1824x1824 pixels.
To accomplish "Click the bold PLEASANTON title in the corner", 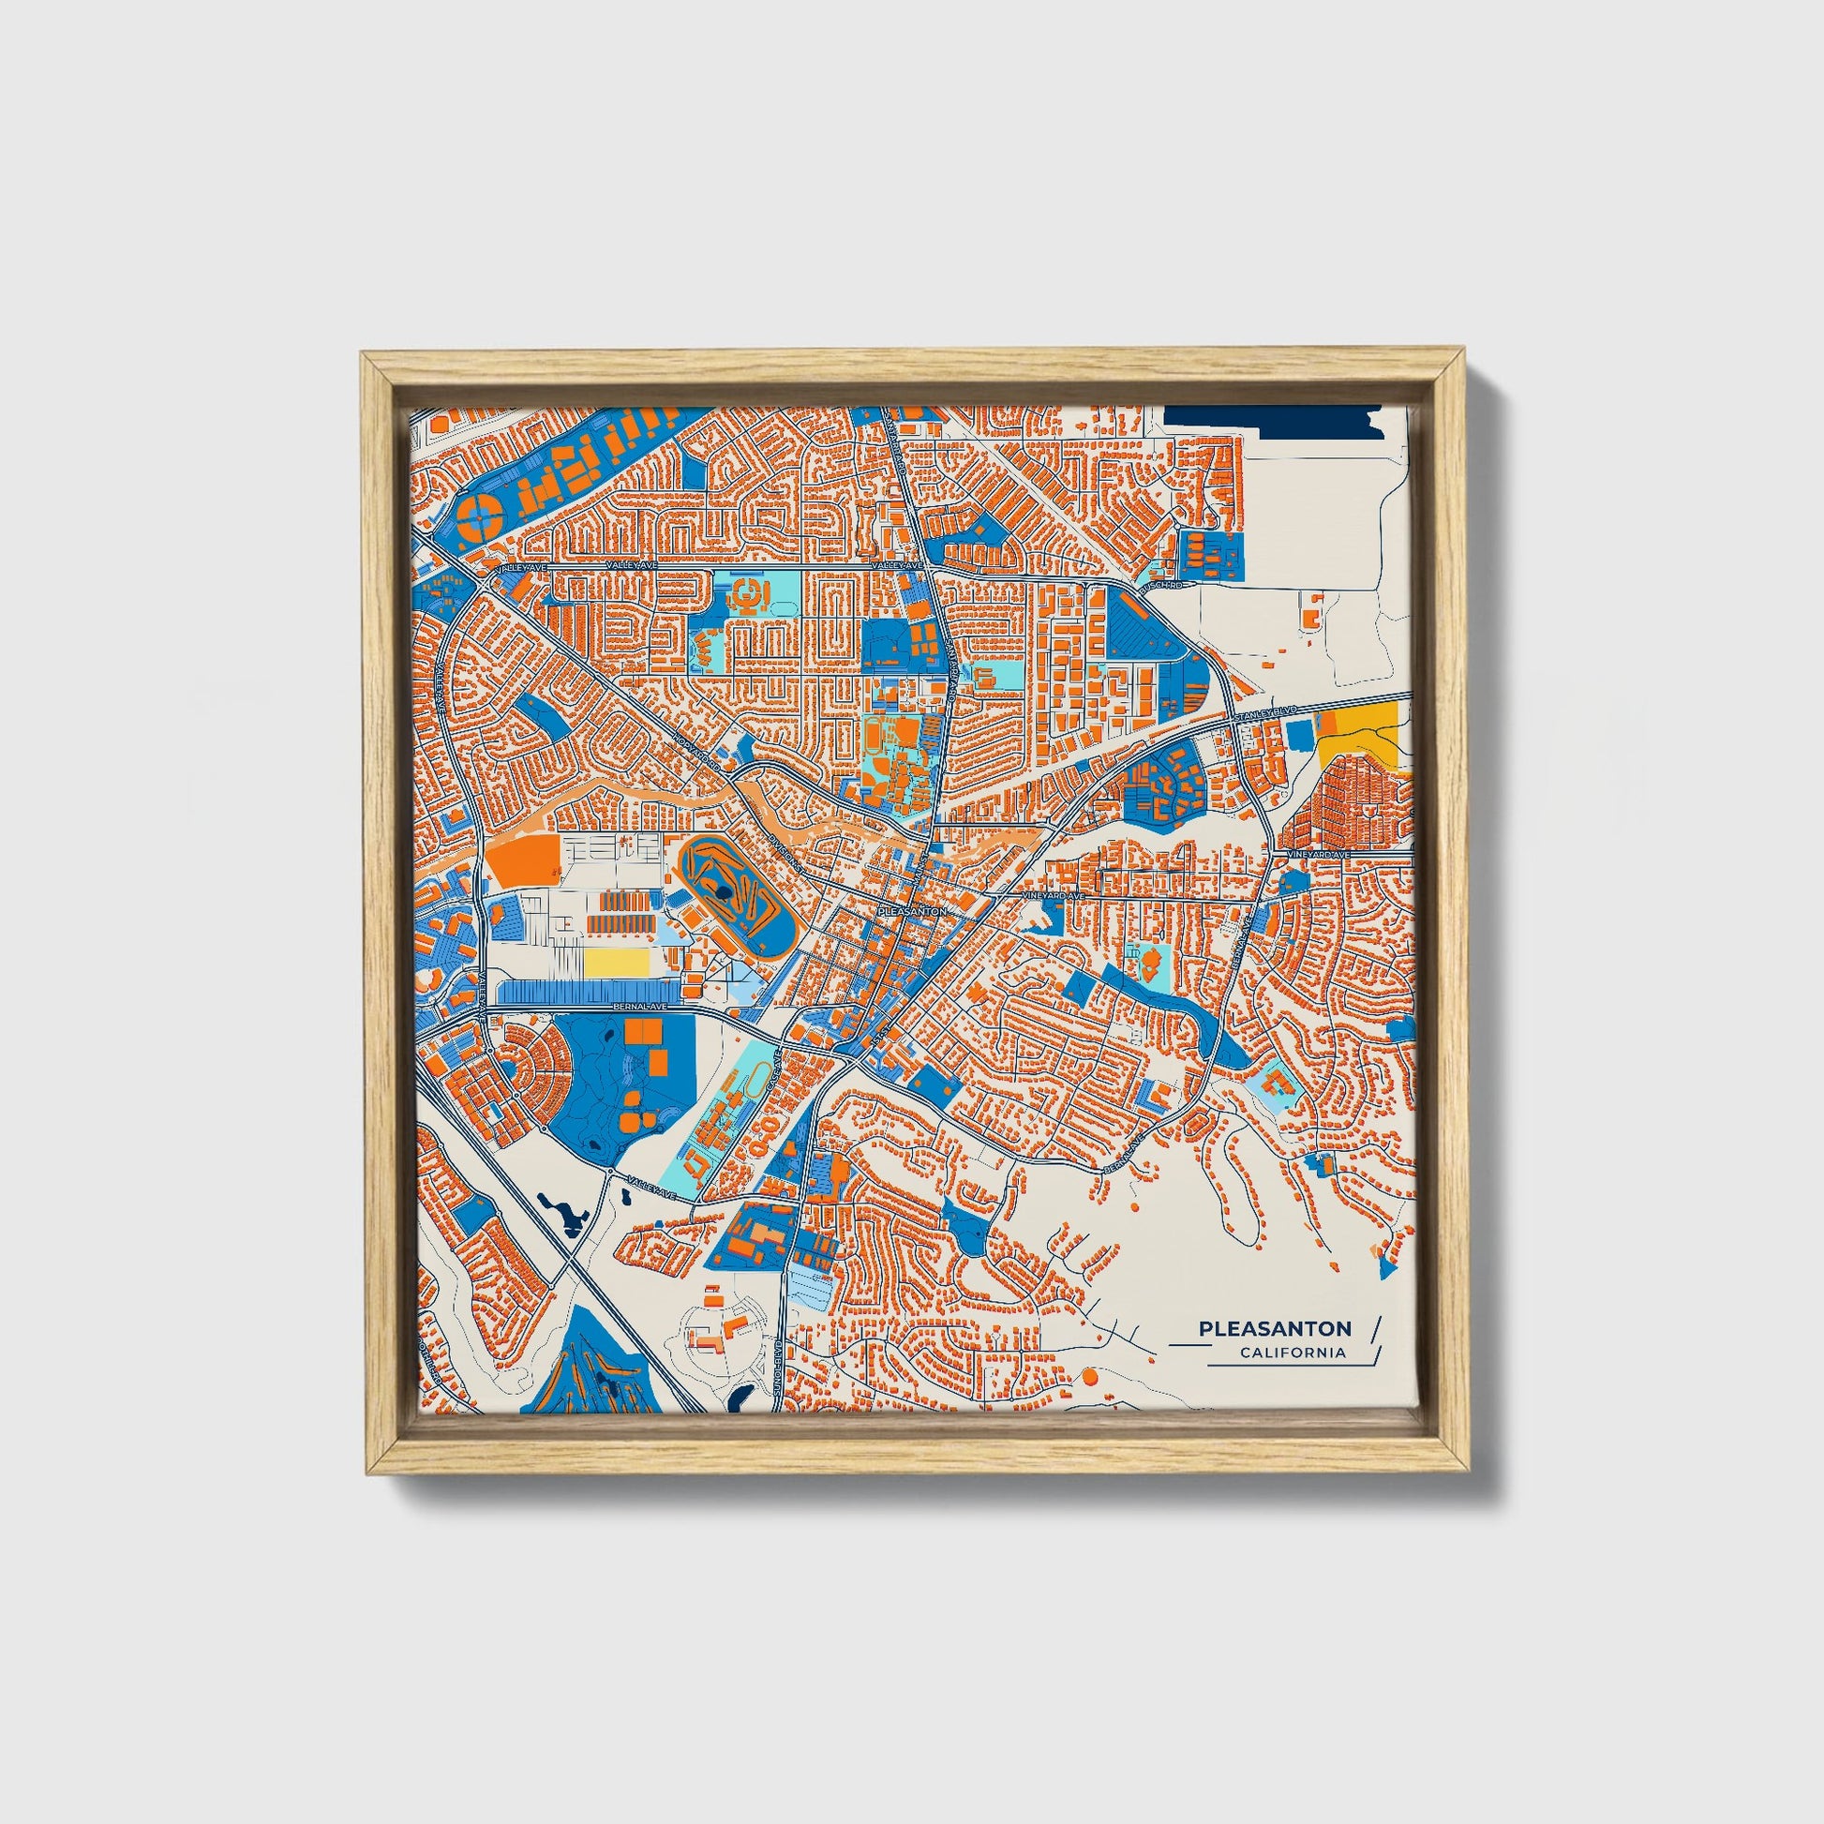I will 1275,1328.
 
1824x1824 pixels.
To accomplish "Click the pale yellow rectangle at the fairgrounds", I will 617,962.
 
